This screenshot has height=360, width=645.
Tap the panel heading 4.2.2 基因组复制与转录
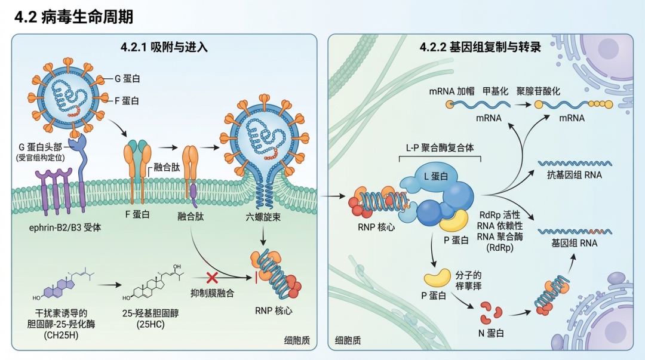tap(480, 47)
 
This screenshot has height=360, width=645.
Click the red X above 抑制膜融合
tap(211, 278)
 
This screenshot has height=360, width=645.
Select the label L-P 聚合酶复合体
tap(440, 148)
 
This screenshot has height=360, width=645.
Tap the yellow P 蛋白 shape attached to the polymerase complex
tap(453, 221)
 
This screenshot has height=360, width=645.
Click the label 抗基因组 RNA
tap(574, 175)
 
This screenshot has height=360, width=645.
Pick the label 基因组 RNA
tap(574, 243)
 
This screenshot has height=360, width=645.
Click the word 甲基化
tap(495, 91)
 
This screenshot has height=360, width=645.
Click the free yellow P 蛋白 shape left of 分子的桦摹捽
tap(438, 277)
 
